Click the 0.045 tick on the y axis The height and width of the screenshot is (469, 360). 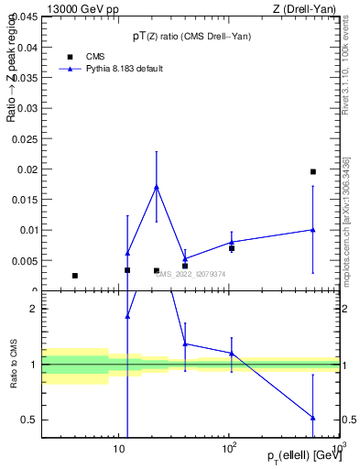click(25, 16)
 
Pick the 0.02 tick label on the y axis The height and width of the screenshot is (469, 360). click(28, 169)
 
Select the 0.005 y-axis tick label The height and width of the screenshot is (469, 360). click(25, 261)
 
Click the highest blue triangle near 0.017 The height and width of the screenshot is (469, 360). click(157, 187)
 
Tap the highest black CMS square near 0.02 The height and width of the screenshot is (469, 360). click(313, 171)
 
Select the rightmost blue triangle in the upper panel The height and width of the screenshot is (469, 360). click(313, 230)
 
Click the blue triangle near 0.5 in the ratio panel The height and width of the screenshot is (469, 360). click(313, 418)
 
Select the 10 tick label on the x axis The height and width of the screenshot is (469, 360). click(118, 450)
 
